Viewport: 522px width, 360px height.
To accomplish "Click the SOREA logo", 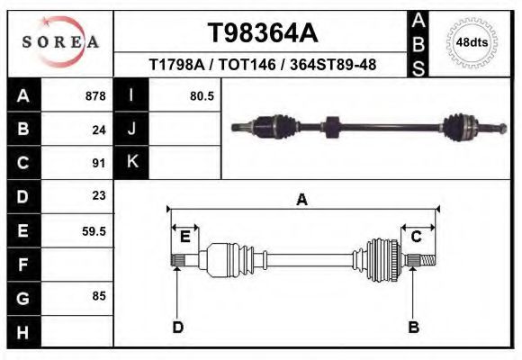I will (x=59, y=42).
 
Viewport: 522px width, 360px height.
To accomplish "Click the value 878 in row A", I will (x=95, y=96).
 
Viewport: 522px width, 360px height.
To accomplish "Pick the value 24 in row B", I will (x=99, y=130).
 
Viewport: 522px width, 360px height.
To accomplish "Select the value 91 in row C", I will (x=99, y=163).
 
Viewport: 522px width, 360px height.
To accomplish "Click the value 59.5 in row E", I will (x=94, y=231).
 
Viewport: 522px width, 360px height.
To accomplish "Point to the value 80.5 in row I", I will (x=202, y=96).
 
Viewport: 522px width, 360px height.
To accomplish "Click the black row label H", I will (x=22, y=331).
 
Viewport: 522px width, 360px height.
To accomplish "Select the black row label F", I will (x=22, y=265).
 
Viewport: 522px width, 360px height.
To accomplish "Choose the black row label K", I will (x=131, y=163).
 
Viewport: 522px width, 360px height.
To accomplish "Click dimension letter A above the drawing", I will (x=302, y=201).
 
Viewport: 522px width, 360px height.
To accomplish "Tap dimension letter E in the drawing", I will (x=184, y=237).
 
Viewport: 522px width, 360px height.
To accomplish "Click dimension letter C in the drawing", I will (x=416, y=237).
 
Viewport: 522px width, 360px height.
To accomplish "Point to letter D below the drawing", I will (x=177, y=327).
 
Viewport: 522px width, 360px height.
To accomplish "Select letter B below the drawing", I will (x=414, y=327).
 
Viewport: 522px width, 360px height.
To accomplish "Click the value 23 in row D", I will (x=99, y=196).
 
